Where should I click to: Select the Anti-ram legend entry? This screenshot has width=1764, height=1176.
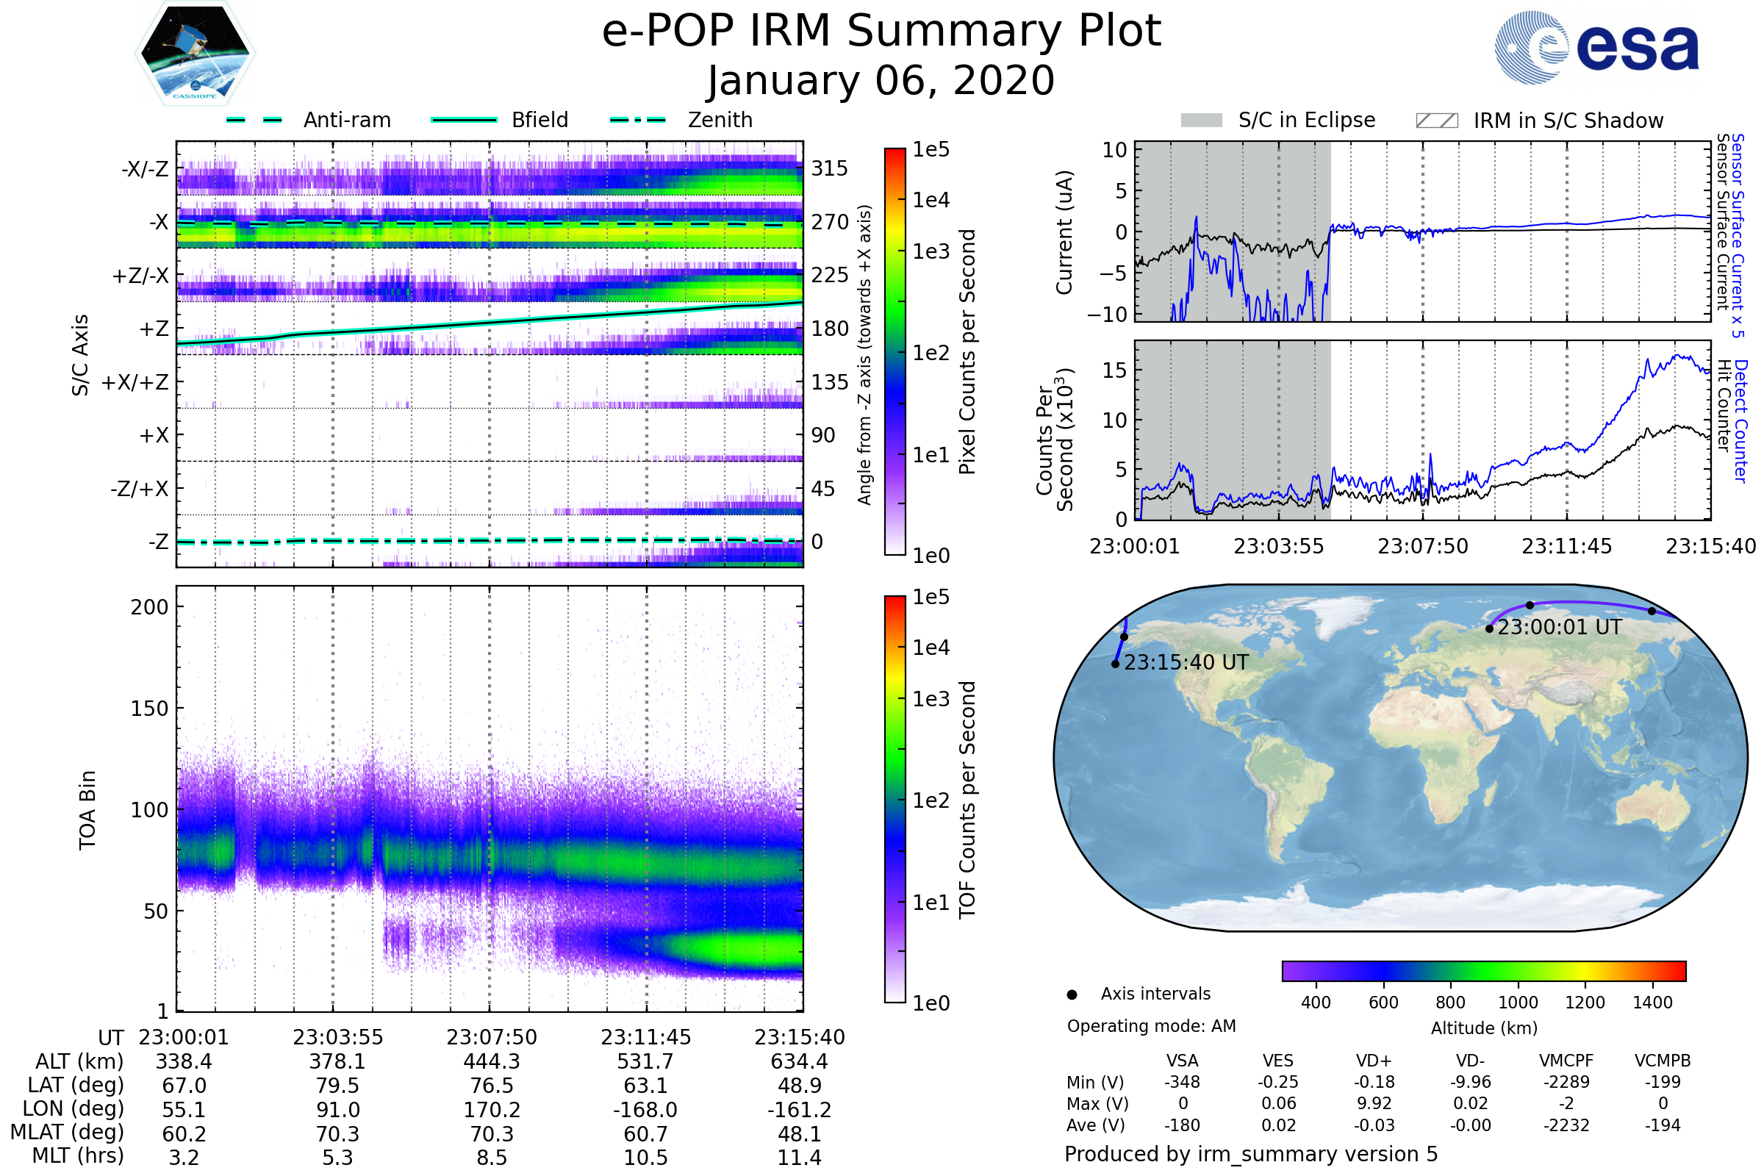coord(346,120)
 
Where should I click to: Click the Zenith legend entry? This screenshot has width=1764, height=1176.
coord(720,120)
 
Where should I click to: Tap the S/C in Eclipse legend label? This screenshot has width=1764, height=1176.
coord(1306,120)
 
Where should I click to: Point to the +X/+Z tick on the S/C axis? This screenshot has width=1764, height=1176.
coord(135,382)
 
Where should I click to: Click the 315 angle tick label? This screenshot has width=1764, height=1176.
coord(829,168)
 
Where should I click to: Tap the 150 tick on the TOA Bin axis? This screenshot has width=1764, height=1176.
coord(149,709)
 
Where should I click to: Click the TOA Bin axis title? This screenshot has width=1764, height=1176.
coord(87,810)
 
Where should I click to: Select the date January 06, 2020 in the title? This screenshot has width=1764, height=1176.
coord(881,81)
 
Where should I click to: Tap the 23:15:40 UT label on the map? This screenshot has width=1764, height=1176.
coord(1186,662)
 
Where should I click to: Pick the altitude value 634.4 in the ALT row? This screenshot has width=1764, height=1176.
coord(799,1062)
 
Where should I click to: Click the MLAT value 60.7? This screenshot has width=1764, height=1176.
coord(645,1134)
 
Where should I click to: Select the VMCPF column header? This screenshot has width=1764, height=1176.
coord(1566,1061)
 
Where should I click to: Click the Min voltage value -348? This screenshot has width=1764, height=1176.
coord(1182,1082)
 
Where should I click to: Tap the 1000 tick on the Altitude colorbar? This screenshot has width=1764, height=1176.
coord(1517,1003)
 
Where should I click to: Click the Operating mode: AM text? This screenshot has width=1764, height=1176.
coord(1151,1026)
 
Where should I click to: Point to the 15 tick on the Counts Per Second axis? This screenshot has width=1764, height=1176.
coord(1114,370)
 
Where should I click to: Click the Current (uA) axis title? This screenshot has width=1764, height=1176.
coord(1064,232)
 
